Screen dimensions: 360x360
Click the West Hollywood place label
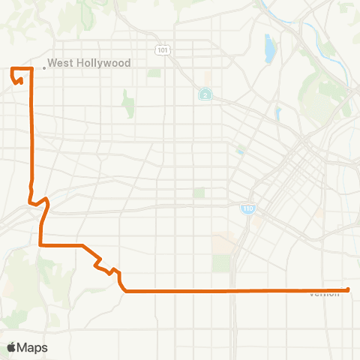[x=89, y=64]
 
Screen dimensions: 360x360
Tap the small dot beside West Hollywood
[x=44, y=67]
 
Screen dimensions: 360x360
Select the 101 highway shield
[x=163, y=49]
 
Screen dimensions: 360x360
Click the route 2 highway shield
[x=204, y=94]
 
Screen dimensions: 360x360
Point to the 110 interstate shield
[x=247, y=208]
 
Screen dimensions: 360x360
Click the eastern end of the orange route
[x=349, y=289]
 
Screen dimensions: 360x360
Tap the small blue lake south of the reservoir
[x=277, y=113]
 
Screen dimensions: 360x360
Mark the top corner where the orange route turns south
[x=31, y=69]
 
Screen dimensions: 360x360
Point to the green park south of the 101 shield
[x=154, y=73]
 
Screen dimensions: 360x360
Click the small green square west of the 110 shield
[x=199, y=193]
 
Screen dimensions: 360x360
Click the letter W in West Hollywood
[x=52, y=64]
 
